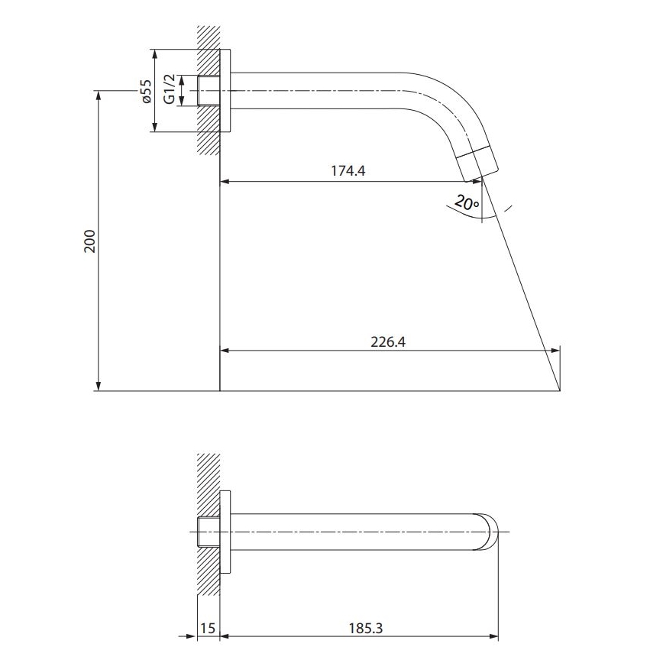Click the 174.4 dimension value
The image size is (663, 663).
348,171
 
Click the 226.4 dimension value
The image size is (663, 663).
387,341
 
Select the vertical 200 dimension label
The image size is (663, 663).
89,241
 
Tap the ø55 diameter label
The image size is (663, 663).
147,92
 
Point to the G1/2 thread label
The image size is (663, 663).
169,90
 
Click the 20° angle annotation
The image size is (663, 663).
465,202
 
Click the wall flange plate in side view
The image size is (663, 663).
225,92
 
